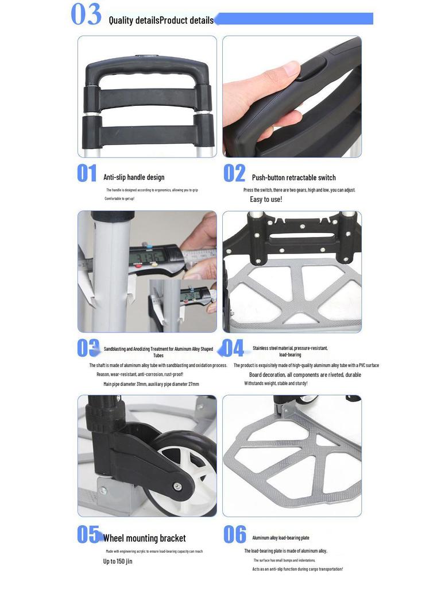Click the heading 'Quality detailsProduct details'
coord(161,21)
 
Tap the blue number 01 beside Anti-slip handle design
coord(87,174)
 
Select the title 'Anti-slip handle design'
coord(134,177)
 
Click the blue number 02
coord(234,174)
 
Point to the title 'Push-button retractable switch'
coord(293,177)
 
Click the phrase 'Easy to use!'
coord(266,200)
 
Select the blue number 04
coord(233,349)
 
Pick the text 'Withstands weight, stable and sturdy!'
coord(276,383)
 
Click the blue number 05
coord(88,534)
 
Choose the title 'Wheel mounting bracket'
coord(144,538)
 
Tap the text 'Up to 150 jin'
coord(118,561)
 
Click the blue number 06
coord(234,534)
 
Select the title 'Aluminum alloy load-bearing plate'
coord(281,538)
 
